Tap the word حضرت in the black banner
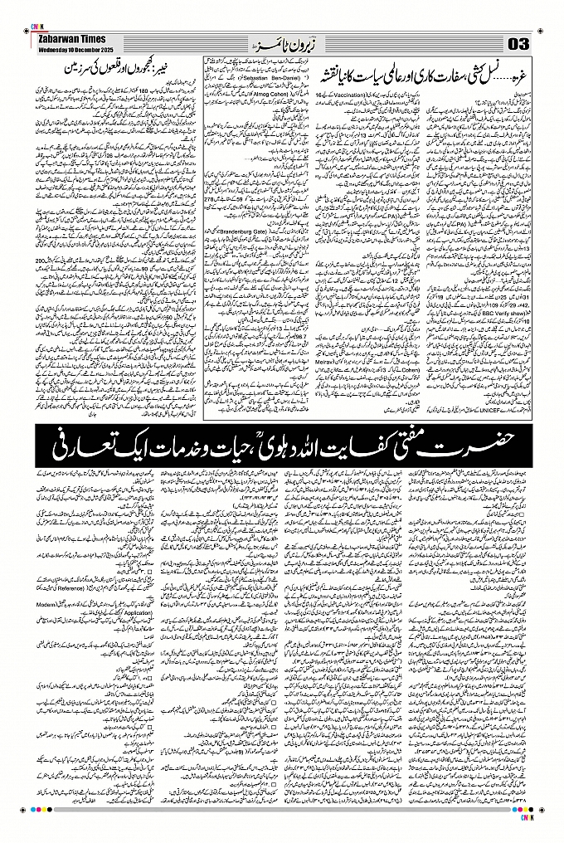click(x=507, y=437)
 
